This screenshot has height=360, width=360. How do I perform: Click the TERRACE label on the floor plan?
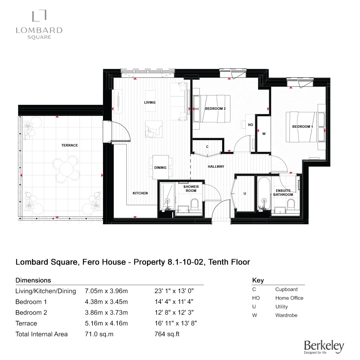pyautogui.click(x=69, y=145)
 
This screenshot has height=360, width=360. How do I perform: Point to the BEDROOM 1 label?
pyautogui.click(x=302, y=127)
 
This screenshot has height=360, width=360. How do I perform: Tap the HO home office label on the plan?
pyautogui.click(x=251, y=125)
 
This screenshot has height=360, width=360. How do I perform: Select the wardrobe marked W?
pyautogui.click(x=264, y=134)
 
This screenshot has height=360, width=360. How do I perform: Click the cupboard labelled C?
pyautogui.click(x=207, y=147)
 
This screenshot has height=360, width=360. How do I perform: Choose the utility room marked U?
pyautogui.click(x=245, y=194)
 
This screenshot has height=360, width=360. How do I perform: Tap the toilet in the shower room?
pyautogui.click(x=194, y=205)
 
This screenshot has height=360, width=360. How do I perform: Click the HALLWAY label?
pyautogui.click(x=216, y=167)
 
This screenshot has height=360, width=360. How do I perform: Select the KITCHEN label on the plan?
pyautogui.click(x=140, y=193)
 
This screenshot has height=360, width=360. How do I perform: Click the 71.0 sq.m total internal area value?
pyautogui.click(x=99, y=334)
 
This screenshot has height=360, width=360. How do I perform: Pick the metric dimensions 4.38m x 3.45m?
pyautogui.click(x=106, y=302)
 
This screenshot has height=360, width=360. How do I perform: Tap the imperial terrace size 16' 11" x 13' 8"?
pyautogui.click(x=176, y=323)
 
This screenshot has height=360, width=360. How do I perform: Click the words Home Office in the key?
pyautogui.click(x=289, y=298)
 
